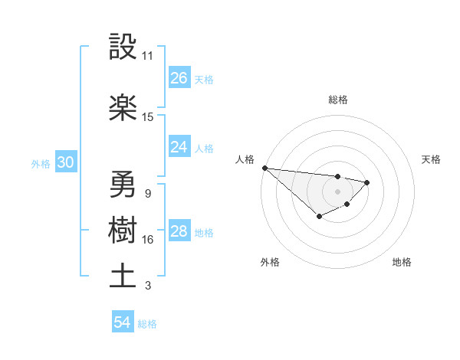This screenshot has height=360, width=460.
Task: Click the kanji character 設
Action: click(123, 47)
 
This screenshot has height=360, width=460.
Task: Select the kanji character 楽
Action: click(123, 107)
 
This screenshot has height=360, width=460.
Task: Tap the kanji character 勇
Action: click(123, 185)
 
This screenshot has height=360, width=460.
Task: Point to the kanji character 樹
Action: click(123, 231)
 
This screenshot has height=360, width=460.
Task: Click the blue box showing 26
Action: click(179, 78)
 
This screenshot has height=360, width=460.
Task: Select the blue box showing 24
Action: click(179, 146)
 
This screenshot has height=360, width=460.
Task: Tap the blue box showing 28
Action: click(179, 232)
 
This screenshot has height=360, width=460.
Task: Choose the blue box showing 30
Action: click(65, 162)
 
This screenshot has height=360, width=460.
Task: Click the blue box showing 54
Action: click(123, 322)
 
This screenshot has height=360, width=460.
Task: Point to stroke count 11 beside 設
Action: click(148, 56)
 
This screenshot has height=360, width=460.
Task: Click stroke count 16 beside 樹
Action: click(148, 240)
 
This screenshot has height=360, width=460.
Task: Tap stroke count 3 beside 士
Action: click(148, 286)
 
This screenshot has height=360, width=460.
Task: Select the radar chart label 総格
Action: click(338, 100)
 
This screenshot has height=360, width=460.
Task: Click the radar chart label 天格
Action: click(432, 159)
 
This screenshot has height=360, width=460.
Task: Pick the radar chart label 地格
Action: click(402, 262)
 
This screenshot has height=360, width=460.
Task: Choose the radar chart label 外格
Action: click(270, 262)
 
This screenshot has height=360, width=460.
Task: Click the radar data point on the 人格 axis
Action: click(264, 168)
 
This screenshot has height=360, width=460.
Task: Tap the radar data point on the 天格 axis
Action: click(367, 182)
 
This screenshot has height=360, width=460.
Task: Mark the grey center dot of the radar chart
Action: click(338, 191)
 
